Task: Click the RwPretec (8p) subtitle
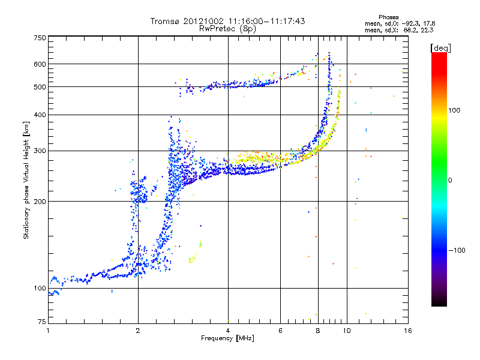tap(227, 29)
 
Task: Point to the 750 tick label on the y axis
tap(40, 38)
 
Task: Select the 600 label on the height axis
tap(40, 64)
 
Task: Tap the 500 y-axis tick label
tap(40, 87)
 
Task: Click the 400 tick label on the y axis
tap(40, 115)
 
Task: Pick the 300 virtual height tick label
tap(40, 151)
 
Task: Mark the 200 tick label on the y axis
tap(40, 202)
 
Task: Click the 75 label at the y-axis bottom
tap(42, 322)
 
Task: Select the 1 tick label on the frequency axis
tap(48, 331)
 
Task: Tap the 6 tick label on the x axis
tap(280, 331)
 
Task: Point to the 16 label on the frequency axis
tap(408, 331)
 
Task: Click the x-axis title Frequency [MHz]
tap(227, 338)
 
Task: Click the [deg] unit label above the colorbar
tap(440, 48)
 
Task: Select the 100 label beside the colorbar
tap(454, 110)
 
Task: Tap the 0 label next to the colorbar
tap(450, 180)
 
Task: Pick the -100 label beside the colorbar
tap(457, 250)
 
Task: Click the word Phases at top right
tap(388, 17)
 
